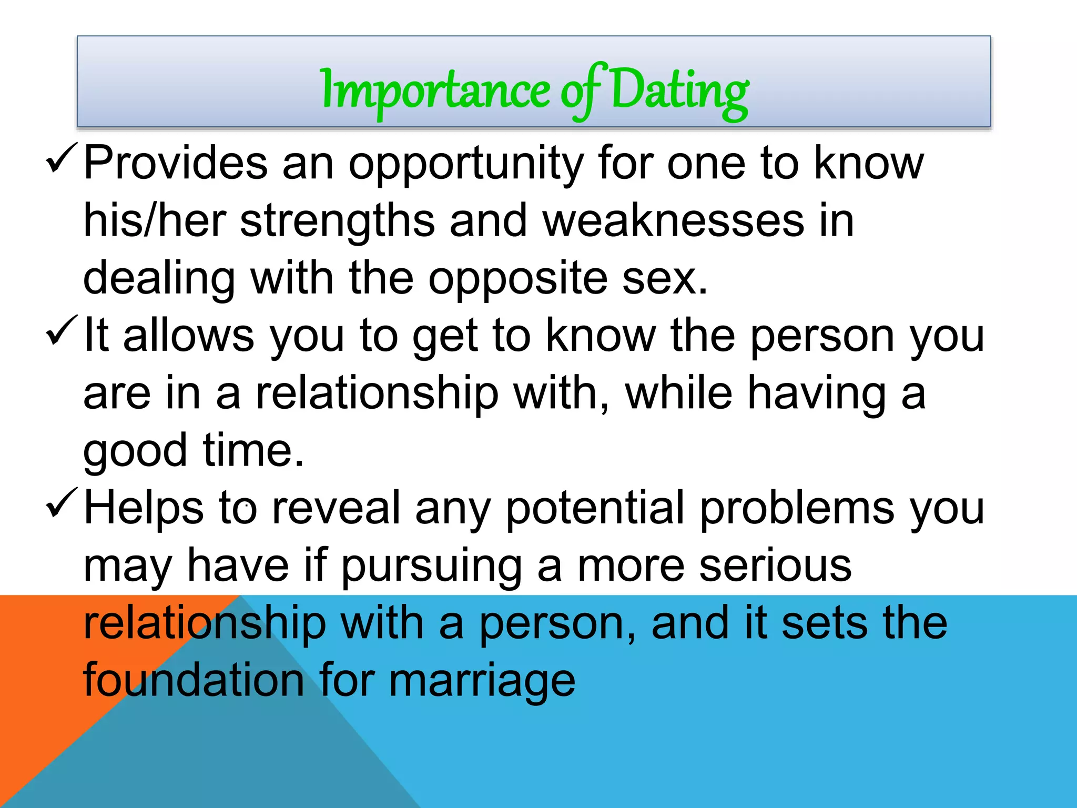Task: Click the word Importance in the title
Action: (x=435, y=90)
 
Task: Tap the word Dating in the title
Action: (x=679, y=90)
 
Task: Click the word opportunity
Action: (x=466, y=164)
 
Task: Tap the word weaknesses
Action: (x=673, y=221)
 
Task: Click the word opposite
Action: (x=517, y=279)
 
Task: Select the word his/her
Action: (x=155, y=221)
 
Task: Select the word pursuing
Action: (x=431, y=567)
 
